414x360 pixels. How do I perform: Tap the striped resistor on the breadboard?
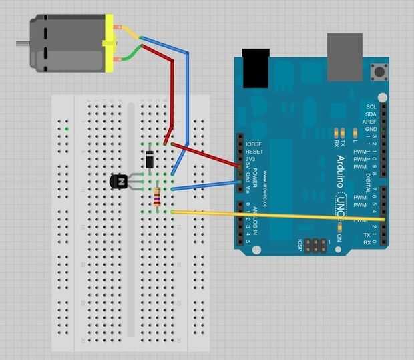click(x=157, y=195)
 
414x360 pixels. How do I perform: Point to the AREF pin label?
click(x=370, y=122)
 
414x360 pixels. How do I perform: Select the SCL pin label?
click(x=371, y=106)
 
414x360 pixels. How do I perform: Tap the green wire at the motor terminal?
click(x=133, y=51)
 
